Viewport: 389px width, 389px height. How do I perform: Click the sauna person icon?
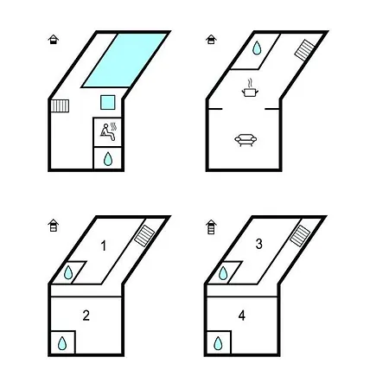[x=108, y=132]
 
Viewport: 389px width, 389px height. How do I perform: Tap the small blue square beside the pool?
[x=108, y=102]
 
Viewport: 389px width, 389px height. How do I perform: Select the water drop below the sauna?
[x=108, y=159]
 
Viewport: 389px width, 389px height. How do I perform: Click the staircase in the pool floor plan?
[x=61, y=105]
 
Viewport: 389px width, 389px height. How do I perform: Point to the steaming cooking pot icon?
[x=250, y=88]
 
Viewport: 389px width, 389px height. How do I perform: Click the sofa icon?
[x=246, y=140]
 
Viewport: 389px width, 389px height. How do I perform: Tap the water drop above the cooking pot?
[x=257, y=48]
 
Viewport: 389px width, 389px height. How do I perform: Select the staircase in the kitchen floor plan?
[x=304, y=50]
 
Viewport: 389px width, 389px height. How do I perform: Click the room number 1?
[x=103, y=246]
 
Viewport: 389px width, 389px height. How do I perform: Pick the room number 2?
[x=86, y=316]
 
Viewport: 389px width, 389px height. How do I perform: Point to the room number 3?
[x=258, y=244]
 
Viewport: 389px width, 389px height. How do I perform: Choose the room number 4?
[x=242, y=316]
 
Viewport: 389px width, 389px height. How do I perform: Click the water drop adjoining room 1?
[x=68, y=272]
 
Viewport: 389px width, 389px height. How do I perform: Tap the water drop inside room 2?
[x=62, y=343]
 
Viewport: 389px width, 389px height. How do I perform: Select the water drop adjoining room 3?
[x=223, y=273]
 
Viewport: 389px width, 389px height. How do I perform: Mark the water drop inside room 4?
[x=218, y=343]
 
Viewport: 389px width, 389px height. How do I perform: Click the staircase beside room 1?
[x=144, y=236]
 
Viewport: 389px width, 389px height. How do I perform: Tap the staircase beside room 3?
[x=300, y=236]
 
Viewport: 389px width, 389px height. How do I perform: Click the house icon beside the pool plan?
[x=54, y=39]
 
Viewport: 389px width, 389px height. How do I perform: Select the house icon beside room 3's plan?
[x=211, y=226]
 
